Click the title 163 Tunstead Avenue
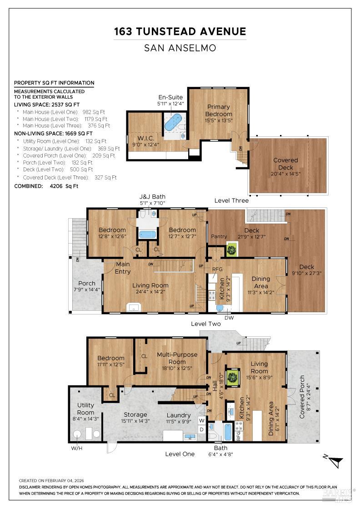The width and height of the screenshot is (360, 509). click(x=180, y=31)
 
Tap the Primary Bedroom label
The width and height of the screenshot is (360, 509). click(x=219, y=110)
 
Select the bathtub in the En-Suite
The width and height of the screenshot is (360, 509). click(x=173, y=122)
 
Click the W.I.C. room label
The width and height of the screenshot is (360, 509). click(x=145, y=139)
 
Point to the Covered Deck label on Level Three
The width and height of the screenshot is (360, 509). click(x=285, y=164)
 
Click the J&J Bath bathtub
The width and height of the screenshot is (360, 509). click(x=148, y=234)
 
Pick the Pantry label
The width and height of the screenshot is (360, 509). click(x=219, y=236)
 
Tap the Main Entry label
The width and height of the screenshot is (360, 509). click(x=123, y=268)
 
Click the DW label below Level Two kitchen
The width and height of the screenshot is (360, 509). click(x=229, y=318)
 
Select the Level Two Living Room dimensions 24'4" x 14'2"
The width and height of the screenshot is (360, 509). click(x=150, y=292)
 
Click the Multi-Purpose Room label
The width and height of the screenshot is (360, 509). click(x=177, y=358)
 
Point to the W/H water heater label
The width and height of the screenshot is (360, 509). click(x=77, y=448)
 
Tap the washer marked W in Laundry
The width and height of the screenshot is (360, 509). click(x=201, y=421)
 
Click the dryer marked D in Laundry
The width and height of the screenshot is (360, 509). click(x=201, y=429)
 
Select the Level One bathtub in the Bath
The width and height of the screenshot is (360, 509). click(x=228, y=432)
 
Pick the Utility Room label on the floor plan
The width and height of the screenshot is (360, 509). click(x=86, y=409)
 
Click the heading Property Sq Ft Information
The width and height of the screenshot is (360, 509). click(x=54, y=83)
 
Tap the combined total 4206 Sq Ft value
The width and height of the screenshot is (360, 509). click(x=64, y=186)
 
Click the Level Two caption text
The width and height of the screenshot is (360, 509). click(x=206, y=324)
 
